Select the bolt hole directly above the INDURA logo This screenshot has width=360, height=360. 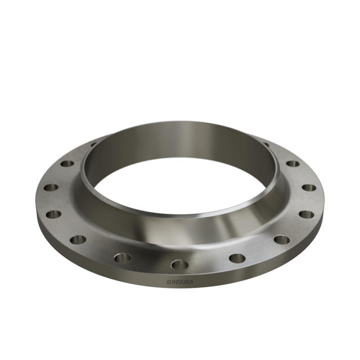click(x=180, y=264)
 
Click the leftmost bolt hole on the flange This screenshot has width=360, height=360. click(x=51, y=188)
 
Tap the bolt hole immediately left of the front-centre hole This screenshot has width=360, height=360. click(x=122, y=258)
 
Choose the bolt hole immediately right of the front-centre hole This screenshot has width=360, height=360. click(x=237, y=258)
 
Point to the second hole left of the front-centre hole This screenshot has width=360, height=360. click(x=78, y=240)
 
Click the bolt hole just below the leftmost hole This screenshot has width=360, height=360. click(x=54, y=214)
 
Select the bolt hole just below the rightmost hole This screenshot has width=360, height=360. click(x=306, y=214)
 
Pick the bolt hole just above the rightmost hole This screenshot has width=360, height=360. click(x=293, y=164)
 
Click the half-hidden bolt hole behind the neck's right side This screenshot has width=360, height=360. click(x=266, y=145)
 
